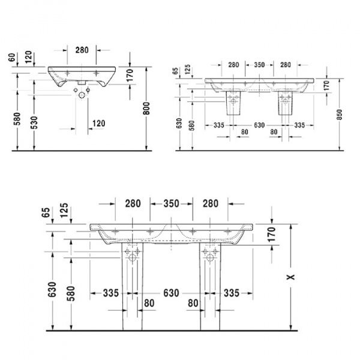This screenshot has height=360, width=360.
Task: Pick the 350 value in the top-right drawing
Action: (259, 65)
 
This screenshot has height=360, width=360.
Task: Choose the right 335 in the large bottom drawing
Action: (231, 293)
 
